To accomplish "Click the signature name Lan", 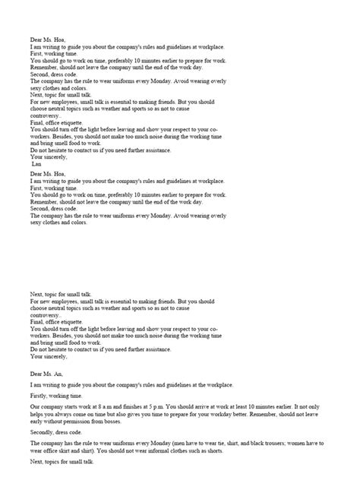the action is pyautogui.click(x=37, y=163).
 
